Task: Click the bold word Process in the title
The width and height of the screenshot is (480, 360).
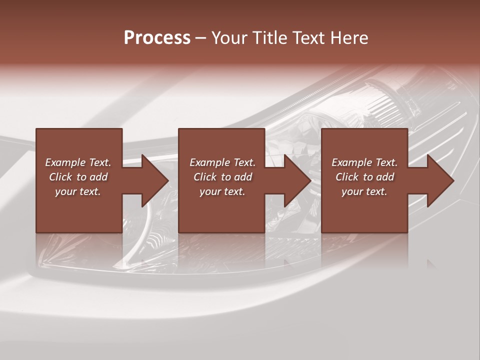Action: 157,37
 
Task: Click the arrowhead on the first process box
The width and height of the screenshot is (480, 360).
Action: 152,180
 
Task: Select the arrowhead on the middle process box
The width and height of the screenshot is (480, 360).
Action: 295,180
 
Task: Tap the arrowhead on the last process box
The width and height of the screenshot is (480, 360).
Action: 438,180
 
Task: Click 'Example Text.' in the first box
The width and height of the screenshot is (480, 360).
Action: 78,162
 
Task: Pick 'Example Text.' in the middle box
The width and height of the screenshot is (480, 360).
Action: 222,162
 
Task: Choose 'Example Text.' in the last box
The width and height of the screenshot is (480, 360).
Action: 364,162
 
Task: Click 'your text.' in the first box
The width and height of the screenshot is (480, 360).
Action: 78,191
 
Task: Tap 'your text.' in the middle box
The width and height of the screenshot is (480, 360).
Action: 222,191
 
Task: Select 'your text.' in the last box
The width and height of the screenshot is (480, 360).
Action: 364,191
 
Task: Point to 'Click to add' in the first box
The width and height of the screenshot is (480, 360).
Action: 78,177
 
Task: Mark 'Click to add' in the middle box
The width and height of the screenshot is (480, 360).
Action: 222,177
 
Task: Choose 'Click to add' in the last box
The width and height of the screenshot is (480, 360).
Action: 365,177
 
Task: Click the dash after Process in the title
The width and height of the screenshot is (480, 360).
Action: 201,38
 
